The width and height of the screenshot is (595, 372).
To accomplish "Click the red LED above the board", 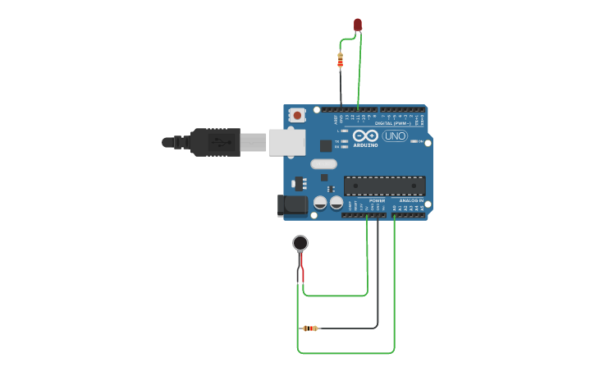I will click(x=358, y=25).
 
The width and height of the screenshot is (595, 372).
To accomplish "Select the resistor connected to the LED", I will click(x=341, y=59).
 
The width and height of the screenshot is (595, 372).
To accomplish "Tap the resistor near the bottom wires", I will click(x=310, y=328).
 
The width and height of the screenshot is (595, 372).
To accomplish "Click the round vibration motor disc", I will click(x=300, y=242).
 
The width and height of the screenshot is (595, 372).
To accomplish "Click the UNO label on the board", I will click(x=395, y=136).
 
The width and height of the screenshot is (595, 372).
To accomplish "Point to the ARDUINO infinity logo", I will click(x=366, y=135).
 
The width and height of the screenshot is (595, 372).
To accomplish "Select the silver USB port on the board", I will click(x=286, y=142).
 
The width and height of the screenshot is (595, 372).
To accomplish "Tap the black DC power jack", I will click(x=292, y=205).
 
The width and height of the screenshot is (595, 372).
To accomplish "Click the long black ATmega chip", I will click(x=384, y=186).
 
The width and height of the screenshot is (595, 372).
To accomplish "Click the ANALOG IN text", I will click(x=411, y=200).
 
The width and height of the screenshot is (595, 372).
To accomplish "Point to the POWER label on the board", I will click(x=377, y=200).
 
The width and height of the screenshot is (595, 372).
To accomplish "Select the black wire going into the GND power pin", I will click(x=378, y=271).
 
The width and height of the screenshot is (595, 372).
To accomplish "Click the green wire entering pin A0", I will click(x=395, y=279).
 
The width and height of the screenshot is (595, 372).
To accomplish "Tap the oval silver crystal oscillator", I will click(x=323, y=163).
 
